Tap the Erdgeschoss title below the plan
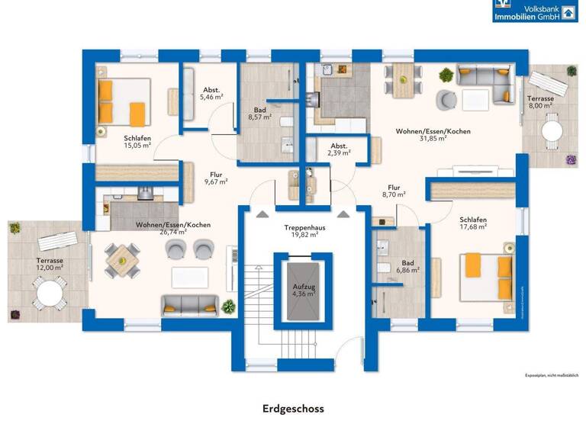tap(292, 409)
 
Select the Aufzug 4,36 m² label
tap(304, 290)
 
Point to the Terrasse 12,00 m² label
tap(48, 264)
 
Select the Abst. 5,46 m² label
tap(211, 93)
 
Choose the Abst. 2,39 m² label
tap(339, 149)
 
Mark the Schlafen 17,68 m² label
tap(472, 223)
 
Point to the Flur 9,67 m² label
tap(216, 178)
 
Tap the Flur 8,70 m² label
tap(394, 191)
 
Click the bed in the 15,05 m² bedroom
tap(122, 102)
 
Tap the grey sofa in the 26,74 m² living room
tap(189, 304)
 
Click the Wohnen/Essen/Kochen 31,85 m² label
tap(433, 135)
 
